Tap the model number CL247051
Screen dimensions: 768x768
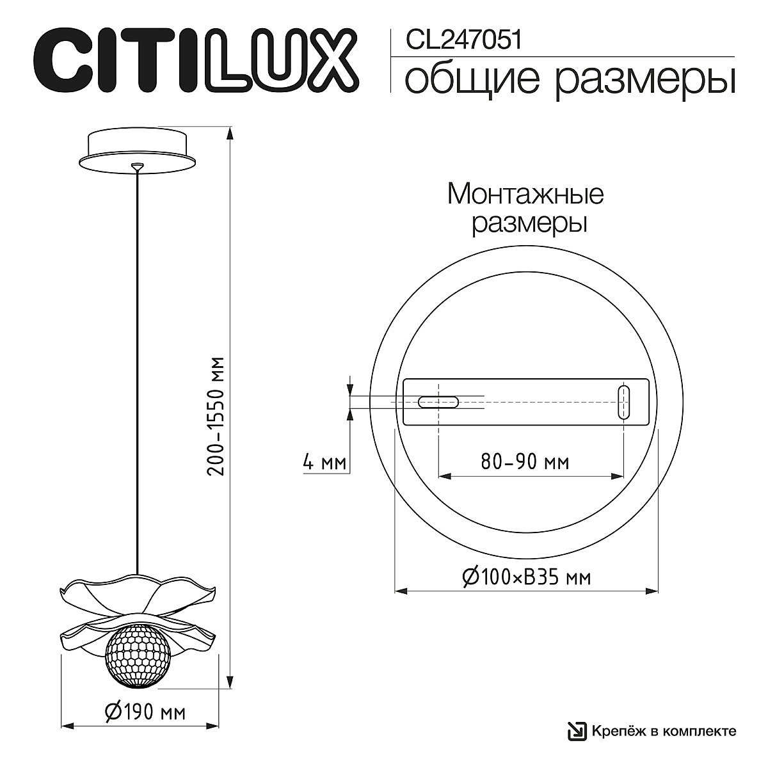click(464, 41)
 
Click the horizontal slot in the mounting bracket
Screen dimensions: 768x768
click(438, 402)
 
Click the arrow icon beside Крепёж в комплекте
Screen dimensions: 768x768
click(577, 731)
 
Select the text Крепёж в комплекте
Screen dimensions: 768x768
click(663, 731)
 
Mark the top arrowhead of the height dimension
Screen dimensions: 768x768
click(230, 132)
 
